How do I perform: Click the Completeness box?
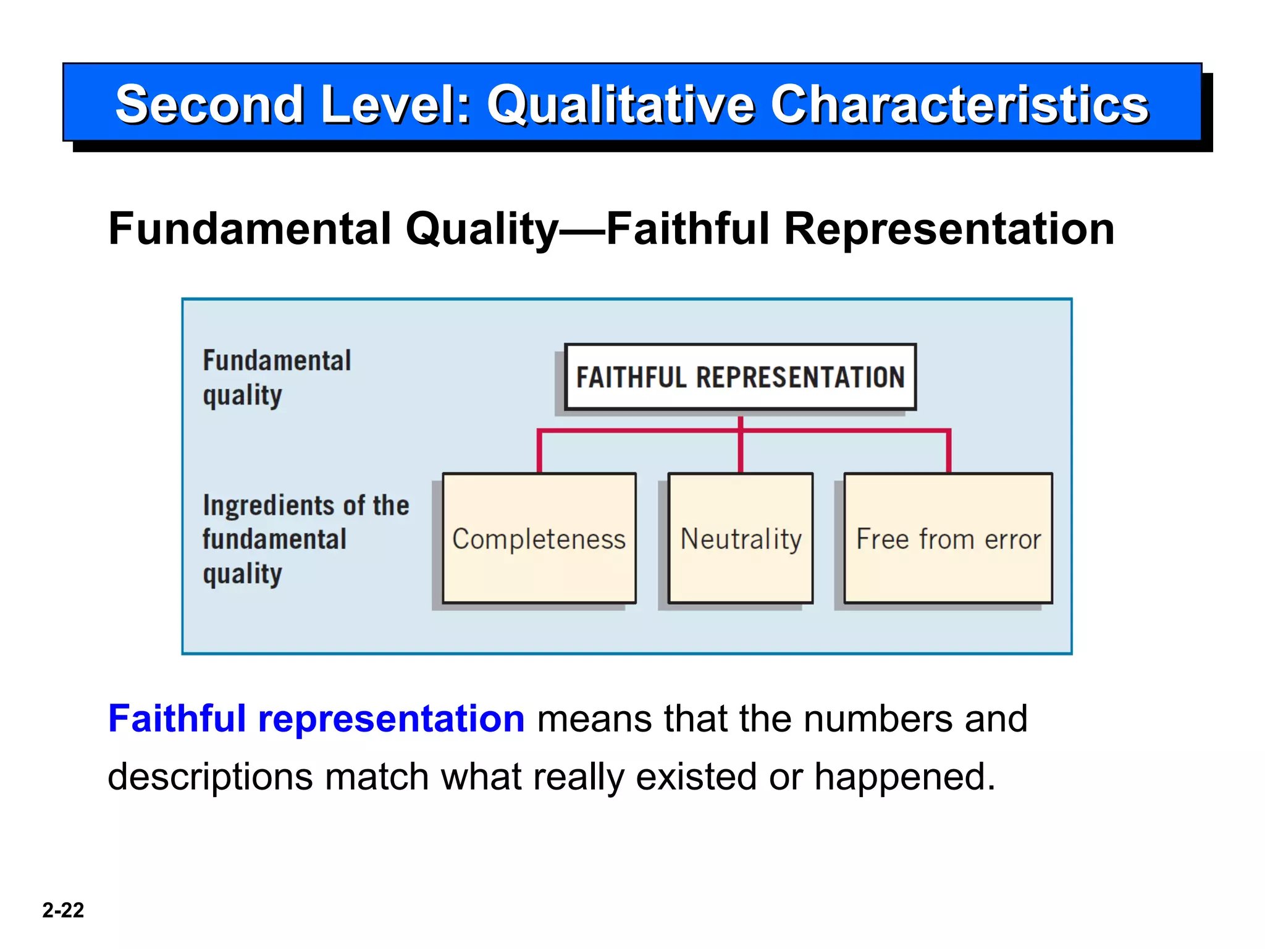click(539, 538)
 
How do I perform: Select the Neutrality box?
click(741, 538)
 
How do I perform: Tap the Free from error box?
click(948, 538)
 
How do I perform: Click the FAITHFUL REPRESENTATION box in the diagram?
click(740, 377)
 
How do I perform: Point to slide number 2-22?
click(63, 910)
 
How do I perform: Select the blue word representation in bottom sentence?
click(391, 720)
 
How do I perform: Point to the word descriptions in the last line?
click(210, 778)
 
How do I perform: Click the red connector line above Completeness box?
click(539, 451)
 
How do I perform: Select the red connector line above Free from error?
click(949, 451)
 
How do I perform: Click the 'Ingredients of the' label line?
click(306, 505)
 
